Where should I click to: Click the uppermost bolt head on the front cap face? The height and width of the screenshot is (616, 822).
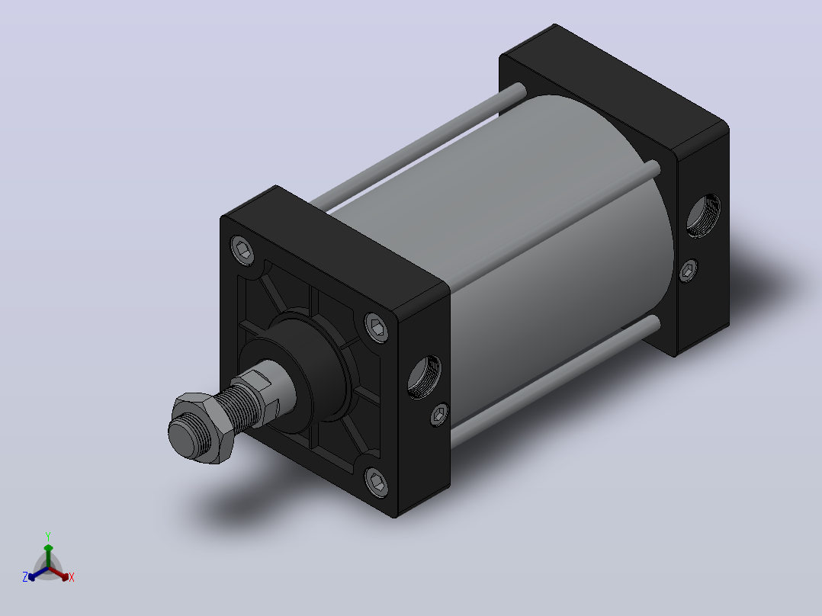[x=242, y=249]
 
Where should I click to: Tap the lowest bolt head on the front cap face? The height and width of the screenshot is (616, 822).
[x=377, y=482]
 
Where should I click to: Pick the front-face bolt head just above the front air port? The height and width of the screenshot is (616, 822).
[x=377, y=328]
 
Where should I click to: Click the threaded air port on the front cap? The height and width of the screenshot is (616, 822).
[x=425, y=376]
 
